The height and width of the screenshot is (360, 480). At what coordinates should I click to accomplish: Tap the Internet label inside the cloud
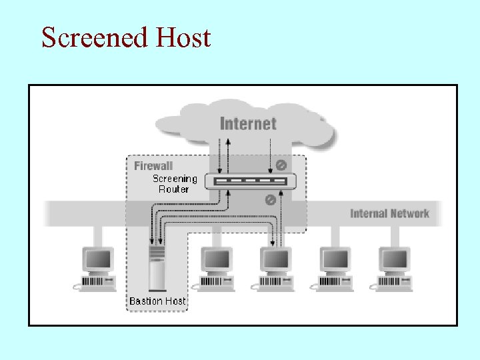click(247, 123)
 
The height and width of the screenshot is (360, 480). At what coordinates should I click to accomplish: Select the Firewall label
click(153, 165)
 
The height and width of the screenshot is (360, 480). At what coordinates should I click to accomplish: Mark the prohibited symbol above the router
click(281, 165)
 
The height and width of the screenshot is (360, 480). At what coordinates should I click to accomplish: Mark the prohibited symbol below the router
click(271, 199)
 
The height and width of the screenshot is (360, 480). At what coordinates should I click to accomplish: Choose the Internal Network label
click(389, 213)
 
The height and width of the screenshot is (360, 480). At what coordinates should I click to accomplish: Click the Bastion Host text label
click(157, 301)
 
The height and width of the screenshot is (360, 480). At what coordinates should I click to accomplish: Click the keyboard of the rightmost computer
click(393, 283)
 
